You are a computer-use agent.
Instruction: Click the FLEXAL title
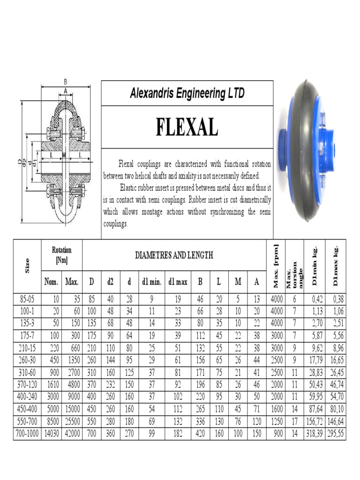(x=187, y=127)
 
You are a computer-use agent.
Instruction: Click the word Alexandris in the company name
(x=151, y=93)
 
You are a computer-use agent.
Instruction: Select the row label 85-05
(x=27, y=299)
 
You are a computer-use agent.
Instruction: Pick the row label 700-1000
(x=27, y=434)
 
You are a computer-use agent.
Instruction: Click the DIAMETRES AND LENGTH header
(x=174, y=255)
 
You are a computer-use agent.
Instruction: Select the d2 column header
(x=110, y=282)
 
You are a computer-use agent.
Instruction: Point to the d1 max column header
(x=178, y=282)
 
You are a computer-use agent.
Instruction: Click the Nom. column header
(x=51, y=282)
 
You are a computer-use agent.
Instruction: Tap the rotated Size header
(x=27, y=266)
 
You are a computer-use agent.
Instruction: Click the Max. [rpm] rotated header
(x=276, y=266)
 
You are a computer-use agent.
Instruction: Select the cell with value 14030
(x=51, y=434)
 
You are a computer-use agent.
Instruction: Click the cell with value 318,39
(x=314, y=434)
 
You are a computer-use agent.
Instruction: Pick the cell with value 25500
(x=72, y=422)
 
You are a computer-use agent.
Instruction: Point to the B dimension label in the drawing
(x=65, y=82)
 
